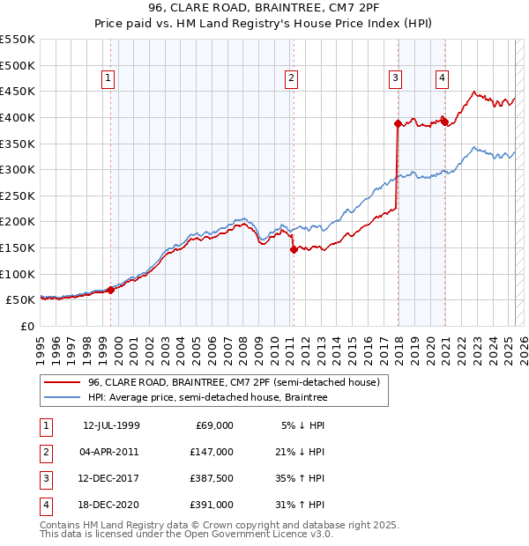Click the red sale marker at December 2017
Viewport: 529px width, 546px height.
(x=398, y=123)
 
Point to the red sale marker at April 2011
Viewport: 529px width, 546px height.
(x=293, y=249)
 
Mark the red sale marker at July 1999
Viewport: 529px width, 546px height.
(x=111, y=290)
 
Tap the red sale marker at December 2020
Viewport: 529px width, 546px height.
(x=445, y=122)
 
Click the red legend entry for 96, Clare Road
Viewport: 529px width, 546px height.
(x=234, y=382)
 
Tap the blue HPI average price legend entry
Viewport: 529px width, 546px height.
(x=207, y=398)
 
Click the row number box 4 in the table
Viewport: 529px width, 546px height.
(x=45, y=505)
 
